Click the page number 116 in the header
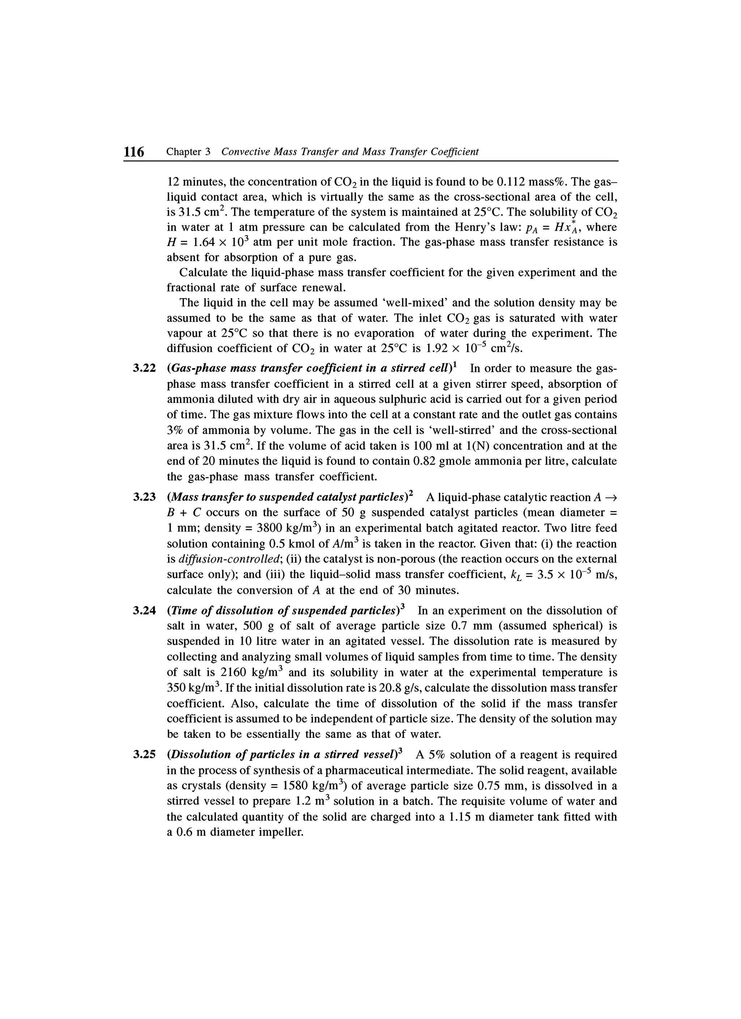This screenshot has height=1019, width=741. [134, 152]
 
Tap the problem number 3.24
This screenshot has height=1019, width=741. [144, 611]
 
